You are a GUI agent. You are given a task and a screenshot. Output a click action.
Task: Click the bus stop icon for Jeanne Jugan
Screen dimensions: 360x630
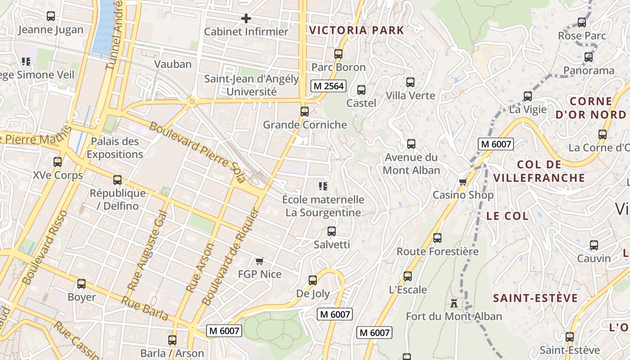[51, 16]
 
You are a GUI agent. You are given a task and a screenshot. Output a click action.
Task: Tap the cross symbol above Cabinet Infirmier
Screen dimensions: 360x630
[246, 18]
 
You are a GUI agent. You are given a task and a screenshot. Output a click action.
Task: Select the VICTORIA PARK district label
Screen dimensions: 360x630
[357, 31]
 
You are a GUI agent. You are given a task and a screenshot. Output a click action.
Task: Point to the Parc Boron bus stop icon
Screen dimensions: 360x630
[338, 54]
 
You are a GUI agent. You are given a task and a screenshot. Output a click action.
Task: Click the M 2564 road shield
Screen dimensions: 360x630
[328, 86]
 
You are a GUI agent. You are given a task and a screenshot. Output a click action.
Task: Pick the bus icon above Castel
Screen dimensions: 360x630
[361, 90]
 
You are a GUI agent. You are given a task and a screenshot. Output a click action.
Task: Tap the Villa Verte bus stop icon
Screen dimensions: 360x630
[410, 82]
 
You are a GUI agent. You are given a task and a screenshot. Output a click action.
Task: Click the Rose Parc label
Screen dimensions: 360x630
[582, 35]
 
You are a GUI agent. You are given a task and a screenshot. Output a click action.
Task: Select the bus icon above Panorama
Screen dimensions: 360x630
[589, 57]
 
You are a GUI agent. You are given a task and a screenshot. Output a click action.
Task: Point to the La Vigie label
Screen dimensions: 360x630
[528, 109]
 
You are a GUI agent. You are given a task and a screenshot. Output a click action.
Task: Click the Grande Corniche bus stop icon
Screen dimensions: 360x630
[305, 112]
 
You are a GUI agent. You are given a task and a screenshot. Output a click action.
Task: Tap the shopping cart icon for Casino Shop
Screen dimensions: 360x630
[463, 182]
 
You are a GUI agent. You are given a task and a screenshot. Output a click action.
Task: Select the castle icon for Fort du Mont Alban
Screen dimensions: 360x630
[454, 303]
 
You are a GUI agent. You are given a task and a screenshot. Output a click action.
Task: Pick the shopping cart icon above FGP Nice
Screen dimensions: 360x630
[259, 261]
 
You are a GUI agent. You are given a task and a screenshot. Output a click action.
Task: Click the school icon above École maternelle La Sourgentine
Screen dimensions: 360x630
[323, 186]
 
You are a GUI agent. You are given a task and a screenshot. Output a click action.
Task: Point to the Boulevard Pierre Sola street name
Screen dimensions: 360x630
[198, 152]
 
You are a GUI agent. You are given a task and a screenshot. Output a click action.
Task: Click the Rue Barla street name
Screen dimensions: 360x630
[145, 309]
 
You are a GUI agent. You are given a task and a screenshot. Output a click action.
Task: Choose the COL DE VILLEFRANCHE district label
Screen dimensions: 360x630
[539, 171]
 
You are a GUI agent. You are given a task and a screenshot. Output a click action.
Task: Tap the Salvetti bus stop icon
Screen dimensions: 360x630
[332, 231]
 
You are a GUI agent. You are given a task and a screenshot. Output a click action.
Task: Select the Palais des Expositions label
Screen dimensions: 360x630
[115, 148]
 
